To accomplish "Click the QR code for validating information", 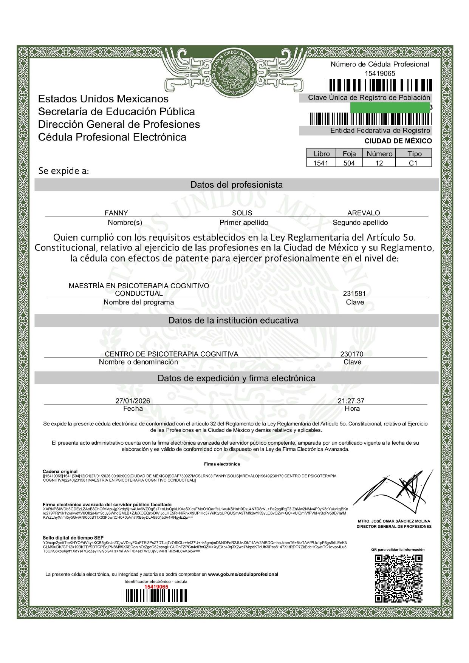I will [x=398, y=578].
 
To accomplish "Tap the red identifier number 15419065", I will [x=156, y=587].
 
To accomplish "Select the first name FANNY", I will [x=116, y=213].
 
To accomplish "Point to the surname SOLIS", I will [x=242, y=213].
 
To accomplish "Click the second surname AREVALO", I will [x=364, y=213].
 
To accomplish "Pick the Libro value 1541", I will [x=321, y=163].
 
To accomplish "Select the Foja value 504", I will [x=349, y=163].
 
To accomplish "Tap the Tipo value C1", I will [x=413, y=163].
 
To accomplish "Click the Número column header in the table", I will [x=379, y=154].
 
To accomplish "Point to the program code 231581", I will [x=354, y=294].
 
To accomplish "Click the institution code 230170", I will [x=351, y=354].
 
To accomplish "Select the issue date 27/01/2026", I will [x=133, y=401].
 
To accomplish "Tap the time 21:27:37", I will [x=351, y=401].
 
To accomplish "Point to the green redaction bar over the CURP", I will [x=390, y=107].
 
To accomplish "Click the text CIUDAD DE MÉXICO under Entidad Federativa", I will [x=398, y=141].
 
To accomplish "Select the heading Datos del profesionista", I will [x=237, y=185].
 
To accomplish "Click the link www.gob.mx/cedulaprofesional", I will [x=243, y=574].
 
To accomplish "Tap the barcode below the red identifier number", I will [x=156, y=596].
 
